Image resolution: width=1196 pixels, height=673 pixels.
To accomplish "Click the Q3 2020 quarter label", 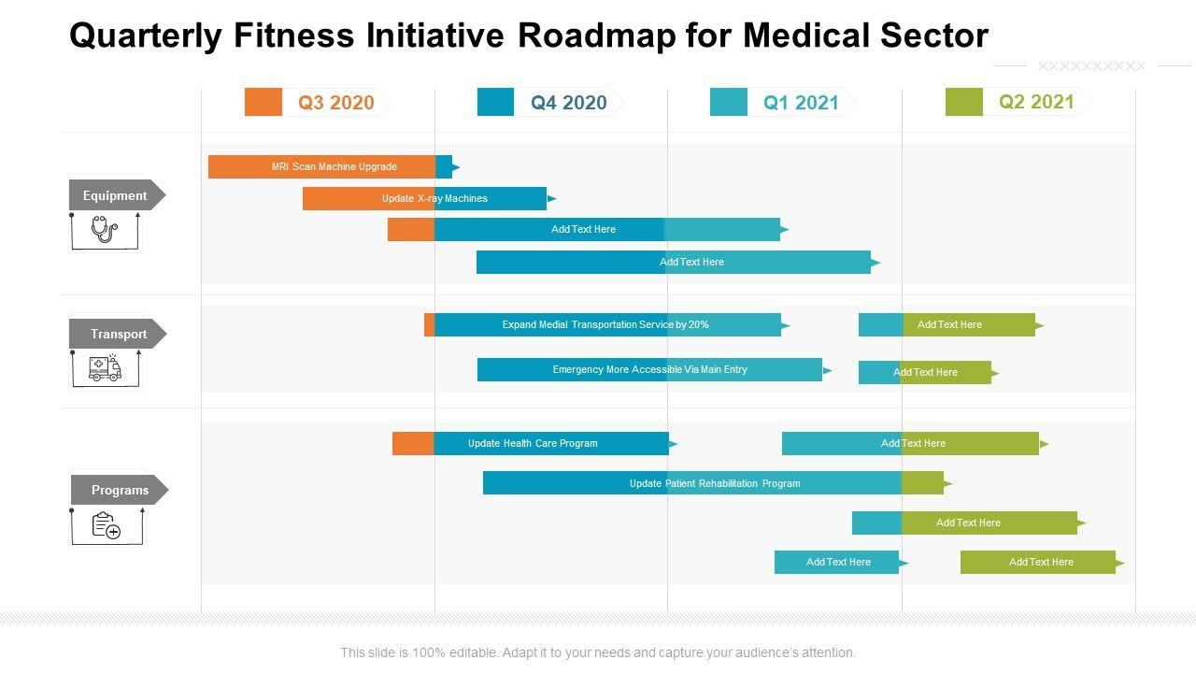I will point(336,103).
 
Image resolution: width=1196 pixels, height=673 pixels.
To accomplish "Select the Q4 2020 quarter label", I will point(569,103).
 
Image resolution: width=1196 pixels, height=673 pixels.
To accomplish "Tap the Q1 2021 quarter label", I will point(801,103).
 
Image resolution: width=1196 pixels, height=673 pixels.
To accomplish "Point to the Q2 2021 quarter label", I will point(1036,102).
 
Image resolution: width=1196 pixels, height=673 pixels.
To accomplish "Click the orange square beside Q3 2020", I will point(263,102).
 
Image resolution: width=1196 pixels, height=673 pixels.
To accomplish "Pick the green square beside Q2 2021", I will point(964,102).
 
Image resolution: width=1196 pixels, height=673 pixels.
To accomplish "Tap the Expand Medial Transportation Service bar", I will point(605,325).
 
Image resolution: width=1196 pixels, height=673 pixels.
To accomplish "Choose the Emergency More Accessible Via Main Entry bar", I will point(650,370).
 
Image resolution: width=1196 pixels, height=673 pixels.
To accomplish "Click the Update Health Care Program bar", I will point(533,443).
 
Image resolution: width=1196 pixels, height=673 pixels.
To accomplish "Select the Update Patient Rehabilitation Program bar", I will point(715,483).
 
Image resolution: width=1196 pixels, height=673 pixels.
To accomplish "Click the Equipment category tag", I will point(115,195).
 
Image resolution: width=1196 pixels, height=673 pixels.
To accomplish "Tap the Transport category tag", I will point(118,334).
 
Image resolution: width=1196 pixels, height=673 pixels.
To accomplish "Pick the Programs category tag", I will point(119,490).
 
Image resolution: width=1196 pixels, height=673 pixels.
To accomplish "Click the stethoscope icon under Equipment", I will point(104,229).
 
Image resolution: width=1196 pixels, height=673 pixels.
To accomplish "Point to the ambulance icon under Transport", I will point(105,368).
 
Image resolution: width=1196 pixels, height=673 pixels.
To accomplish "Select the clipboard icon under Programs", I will point(106,526).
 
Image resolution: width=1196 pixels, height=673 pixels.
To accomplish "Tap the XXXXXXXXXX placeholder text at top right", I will point(1091,66).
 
